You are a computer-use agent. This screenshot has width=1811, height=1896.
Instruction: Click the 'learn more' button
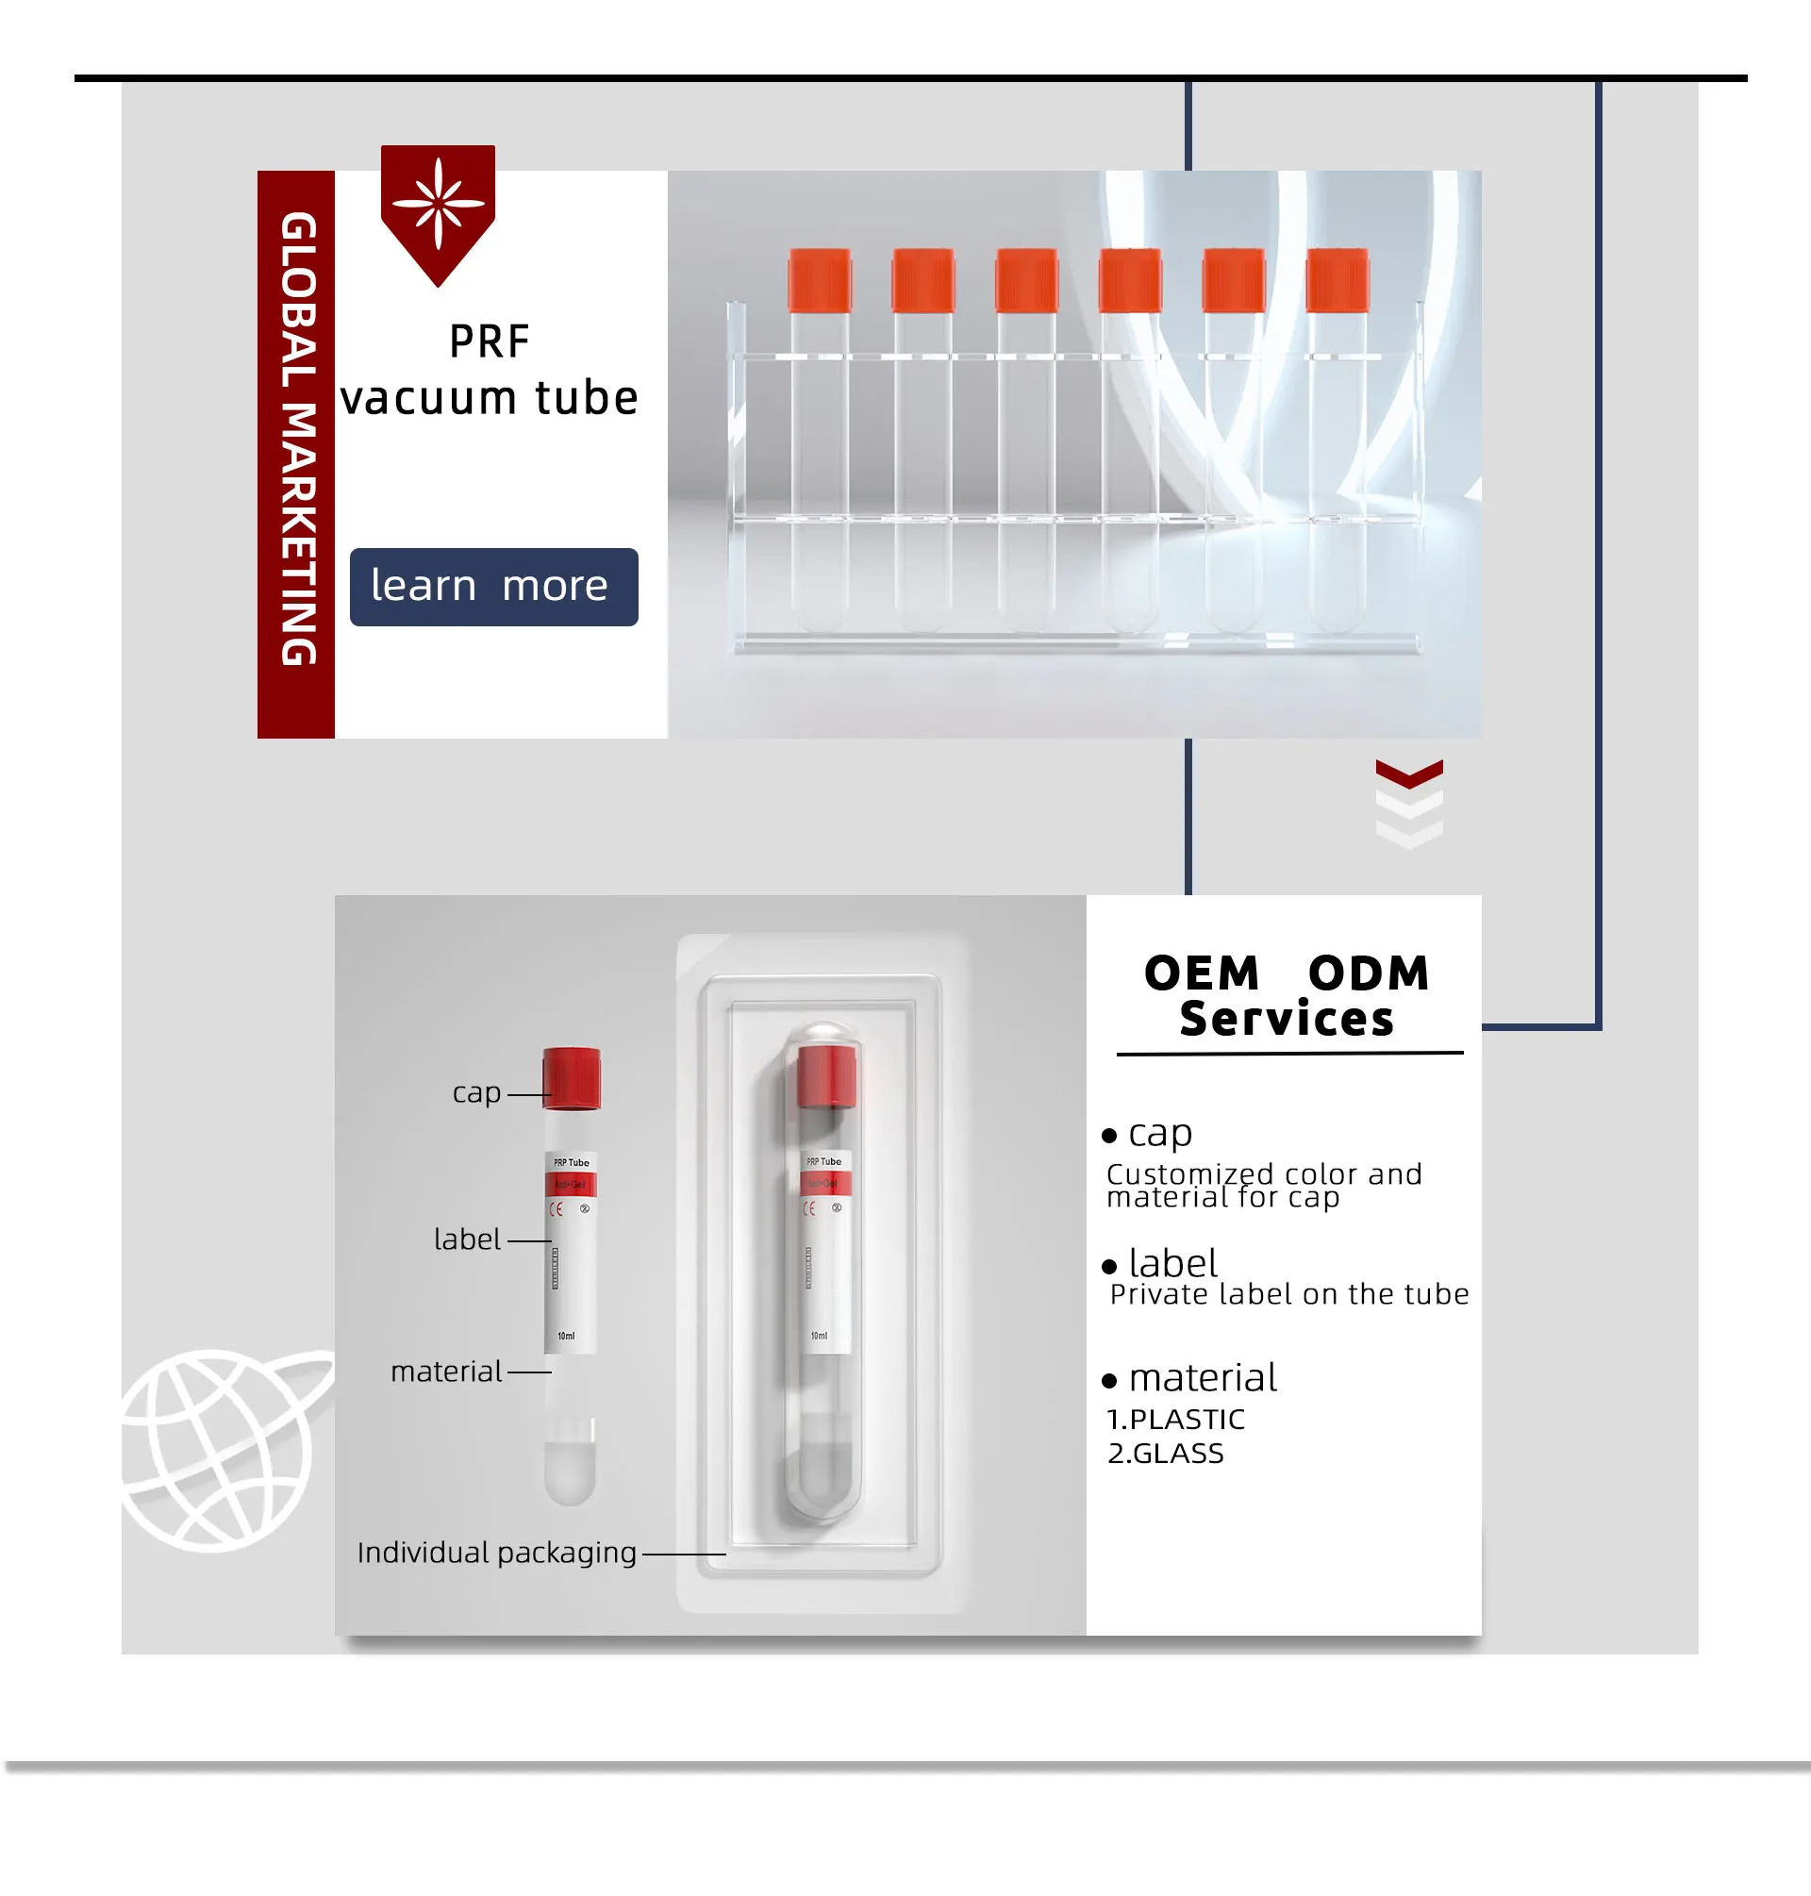pos(493,587)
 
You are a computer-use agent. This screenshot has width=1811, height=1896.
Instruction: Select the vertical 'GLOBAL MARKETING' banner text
pos(297,440)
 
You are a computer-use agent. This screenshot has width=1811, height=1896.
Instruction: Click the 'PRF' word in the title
pos(490,341)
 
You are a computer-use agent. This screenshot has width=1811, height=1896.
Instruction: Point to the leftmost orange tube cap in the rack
pos(820,281)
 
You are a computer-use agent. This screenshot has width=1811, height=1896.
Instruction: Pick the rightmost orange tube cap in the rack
pos(1337,281)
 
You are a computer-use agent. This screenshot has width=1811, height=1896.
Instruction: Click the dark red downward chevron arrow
pos(1408,773)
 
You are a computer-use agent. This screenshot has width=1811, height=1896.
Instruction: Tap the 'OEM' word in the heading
pos(1202,973)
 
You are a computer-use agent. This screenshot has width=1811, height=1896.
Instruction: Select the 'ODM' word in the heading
pos(1369,973)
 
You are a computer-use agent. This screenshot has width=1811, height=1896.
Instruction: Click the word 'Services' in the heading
pos(1287,1020)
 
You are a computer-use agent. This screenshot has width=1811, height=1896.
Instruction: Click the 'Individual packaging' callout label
pos(496,1553)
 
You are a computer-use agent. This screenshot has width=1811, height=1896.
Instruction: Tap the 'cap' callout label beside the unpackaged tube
pos(476,1093)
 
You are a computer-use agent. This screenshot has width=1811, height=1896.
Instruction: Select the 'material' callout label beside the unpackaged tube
pos(446,1372)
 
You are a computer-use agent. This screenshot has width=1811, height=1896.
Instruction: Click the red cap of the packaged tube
pos(826,1075)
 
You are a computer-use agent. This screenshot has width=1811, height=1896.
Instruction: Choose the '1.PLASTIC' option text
pos(1176,1419)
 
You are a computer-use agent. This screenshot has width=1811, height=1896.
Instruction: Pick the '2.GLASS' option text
pos(1165,1453)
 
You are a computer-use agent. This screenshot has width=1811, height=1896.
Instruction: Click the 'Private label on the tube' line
pos(1288,1294)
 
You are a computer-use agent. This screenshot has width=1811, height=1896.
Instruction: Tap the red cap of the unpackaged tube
pos(572,1077)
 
